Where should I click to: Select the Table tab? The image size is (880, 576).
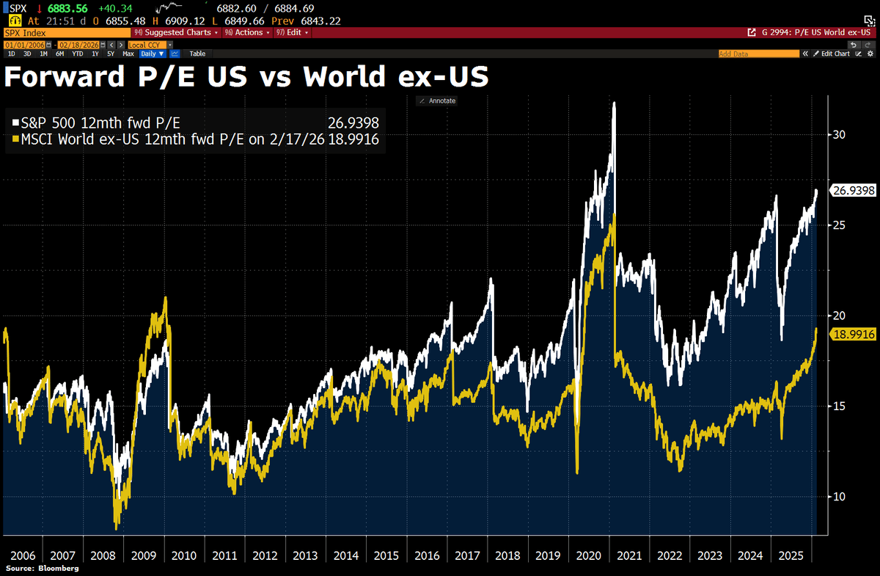[x=197, y=54]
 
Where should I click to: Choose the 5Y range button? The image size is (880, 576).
[x=110, y=54]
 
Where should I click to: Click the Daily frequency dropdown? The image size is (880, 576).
[x=153, y=54]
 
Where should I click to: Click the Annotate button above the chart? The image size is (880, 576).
[x=438, y=101]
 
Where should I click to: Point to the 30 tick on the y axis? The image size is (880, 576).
[x=837, y=134]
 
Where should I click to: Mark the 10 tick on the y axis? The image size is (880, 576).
[x=837, y=497]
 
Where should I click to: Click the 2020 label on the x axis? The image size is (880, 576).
[x=590, y=555]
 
